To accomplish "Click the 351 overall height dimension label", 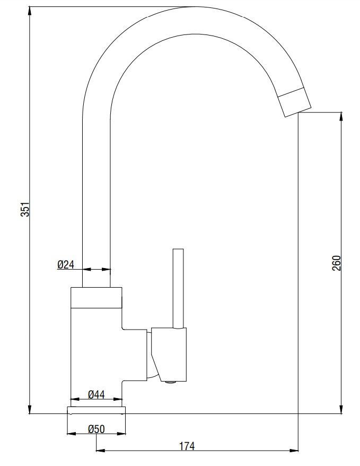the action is (26, 209).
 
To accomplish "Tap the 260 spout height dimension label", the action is (336, 263).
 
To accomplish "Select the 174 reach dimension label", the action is (187, 446).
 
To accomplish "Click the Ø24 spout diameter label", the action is (66, 264).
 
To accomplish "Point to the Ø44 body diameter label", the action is (96, 394).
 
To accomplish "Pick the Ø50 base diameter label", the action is (96, 429).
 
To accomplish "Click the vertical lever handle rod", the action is (178, 288).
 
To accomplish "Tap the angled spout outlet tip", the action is (294, 102).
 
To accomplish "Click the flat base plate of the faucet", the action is (96, 410).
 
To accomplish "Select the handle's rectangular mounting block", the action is (169, 354).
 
